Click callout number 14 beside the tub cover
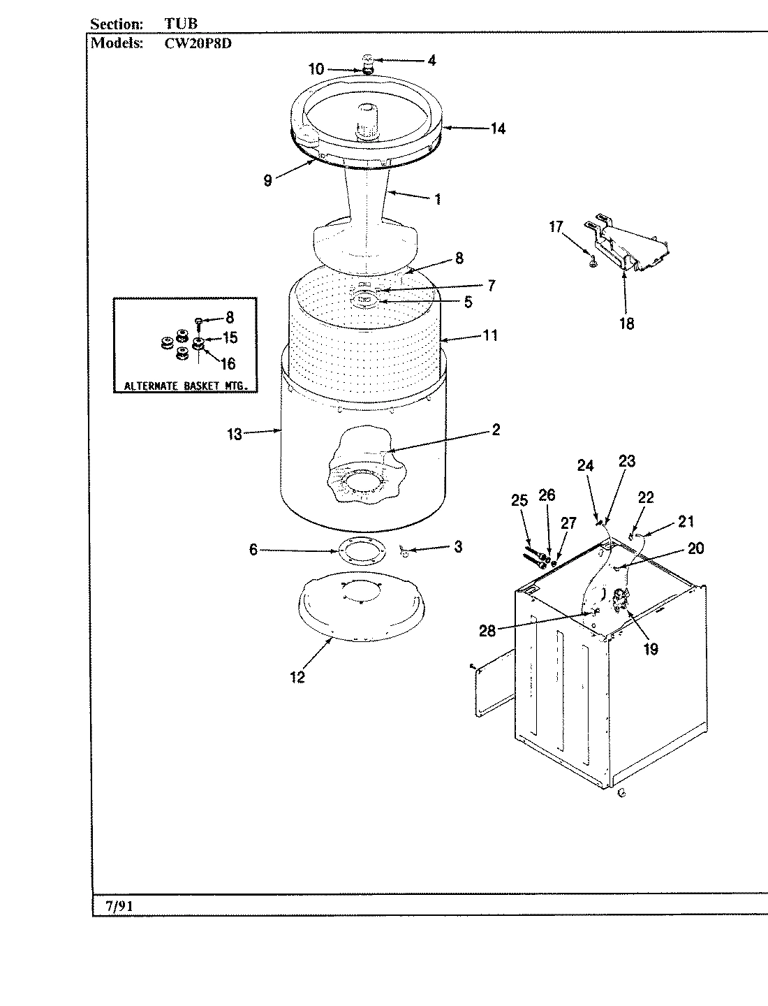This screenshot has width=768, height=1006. [498, 129]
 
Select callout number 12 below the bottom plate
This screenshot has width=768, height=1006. [297, 677]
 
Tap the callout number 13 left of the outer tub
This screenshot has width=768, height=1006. [234, 435]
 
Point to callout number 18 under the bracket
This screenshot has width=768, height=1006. [626, 323]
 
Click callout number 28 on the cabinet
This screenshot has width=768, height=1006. [487, 630]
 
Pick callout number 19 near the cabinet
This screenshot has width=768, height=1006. [650, 649]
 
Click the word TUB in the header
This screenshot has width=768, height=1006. [181, 24]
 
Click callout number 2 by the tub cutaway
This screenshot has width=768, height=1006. [495, 430]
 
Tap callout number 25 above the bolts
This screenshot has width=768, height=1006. [519, 500]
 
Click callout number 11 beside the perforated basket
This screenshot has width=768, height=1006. [490, 335]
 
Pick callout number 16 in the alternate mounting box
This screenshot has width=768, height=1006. [228, 363]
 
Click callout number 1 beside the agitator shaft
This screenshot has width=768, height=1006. [437, 199]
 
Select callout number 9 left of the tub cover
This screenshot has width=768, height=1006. [268, 180]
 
